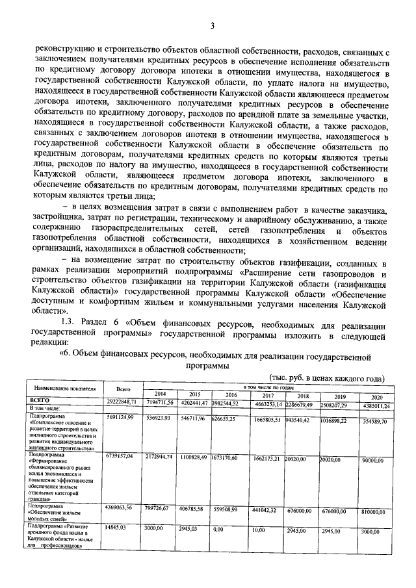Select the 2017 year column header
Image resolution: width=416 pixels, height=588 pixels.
click(x=266, y=395)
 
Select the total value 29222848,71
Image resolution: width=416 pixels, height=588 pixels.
click(x=120, y=403)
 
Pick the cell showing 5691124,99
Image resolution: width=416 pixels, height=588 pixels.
click(x=120, y=417)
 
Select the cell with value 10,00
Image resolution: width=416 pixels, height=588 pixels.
click(x=259, y=530)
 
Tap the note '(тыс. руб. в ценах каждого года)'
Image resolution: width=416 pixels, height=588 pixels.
click(x=318, y=379)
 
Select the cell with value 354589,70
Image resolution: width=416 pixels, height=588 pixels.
click(x=374, y=422)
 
